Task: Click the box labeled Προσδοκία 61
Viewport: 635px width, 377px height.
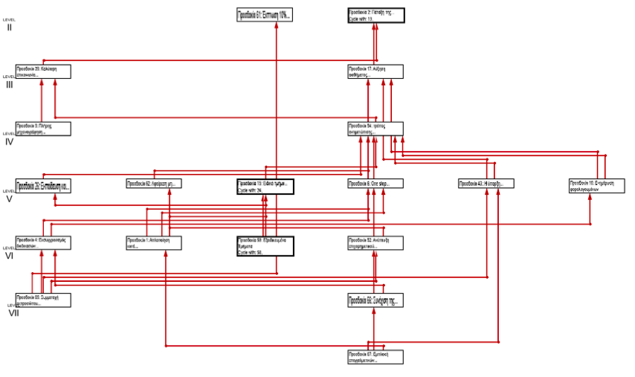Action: [264, 14]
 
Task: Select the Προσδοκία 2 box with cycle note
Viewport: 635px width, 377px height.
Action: [375, 16]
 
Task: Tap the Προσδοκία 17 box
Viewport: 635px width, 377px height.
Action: [375, 71]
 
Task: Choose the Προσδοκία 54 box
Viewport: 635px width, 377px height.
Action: [375, 129]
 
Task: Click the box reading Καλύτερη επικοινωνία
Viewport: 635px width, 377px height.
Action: [43, 71]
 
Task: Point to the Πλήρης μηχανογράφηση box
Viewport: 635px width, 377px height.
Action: [43, 129]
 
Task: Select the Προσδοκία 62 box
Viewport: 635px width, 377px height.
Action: [154, 184]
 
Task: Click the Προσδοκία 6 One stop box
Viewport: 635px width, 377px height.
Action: [375, 184]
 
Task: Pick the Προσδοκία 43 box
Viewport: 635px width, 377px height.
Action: [486, 184]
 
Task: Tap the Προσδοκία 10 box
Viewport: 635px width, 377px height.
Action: [596, 186]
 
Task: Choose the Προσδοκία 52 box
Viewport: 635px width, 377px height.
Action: [375, 242]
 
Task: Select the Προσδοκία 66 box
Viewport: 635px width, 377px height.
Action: [375, 300]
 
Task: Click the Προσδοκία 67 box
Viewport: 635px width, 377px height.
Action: [375, 357]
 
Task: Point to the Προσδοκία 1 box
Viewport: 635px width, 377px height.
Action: [154, 242]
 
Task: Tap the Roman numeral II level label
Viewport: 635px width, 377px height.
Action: [9, 28]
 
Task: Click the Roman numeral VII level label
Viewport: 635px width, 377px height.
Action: [13, 313]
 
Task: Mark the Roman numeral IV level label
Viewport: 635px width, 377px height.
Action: [9, 141]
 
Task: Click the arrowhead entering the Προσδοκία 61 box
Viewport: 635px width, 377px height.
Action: [277, 25]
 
